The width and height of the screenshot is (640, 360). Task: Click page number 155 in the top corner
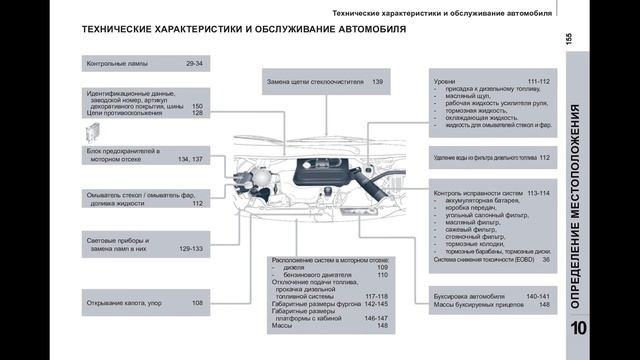[568, 37]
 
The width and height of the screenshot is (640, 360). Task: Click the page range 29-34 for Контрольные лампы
[194, 64]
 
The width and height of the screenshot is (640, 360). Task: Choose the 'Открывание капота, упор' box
[146, 303]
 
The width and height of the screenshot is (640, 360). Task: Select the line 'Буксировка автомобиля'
[466, 296]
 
